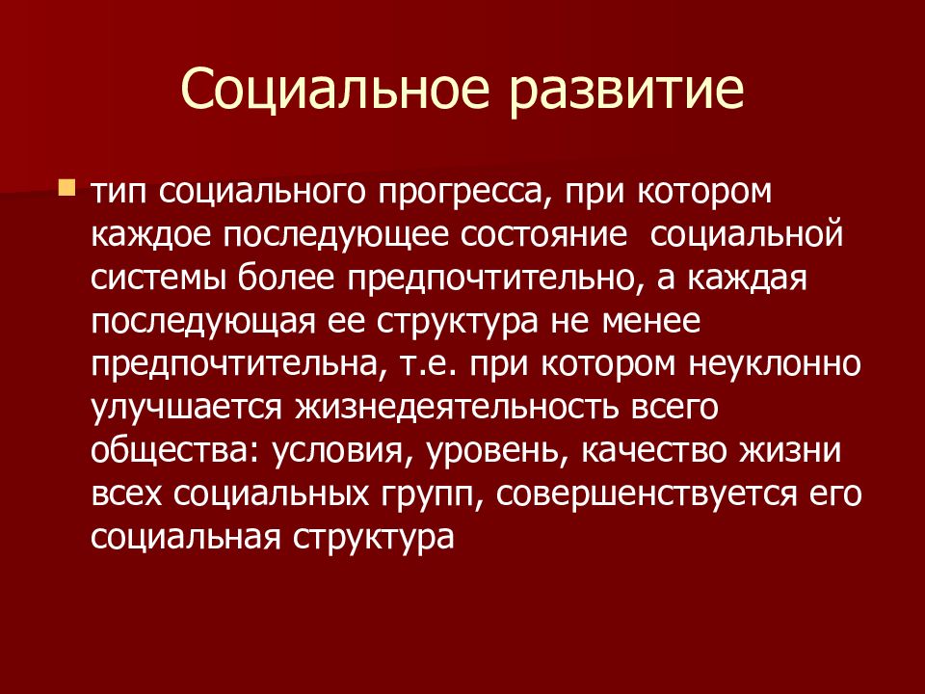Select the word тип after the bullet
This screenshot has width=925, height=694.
(x=120, y=192)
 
